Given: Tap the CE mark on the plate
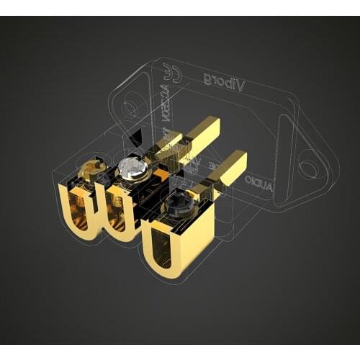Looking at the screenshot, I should coord(173,71).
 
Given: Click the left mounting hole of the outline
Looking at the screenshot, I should coord(130,109).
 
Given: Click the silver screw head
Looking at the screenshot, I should coord(133,168).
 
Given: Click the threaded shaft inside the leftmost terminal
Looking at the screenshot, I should coord(81,209).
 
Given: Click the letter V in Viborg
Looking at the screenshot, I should coord(241,85).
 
